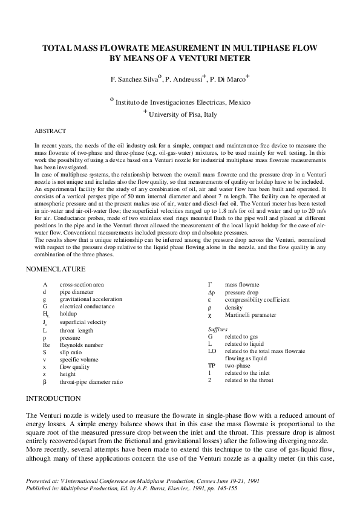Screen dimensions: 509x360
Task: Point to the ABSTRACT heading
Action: click(50, 131)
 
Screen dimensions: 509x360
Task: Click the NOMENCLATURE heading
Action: click(56, 268)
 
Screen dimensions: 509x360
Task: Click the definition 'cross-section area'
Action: click(82, 284)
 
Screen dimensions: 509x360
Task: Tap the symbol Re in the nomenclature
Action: click(47, 345)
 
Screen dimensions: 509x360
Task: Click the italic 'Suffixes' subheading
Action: click(218, 328)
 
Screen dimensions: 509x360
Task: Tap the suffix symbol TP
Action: click(212, 366)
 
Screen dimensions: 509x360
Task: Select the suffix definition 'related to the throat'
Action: click(249, 380)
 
